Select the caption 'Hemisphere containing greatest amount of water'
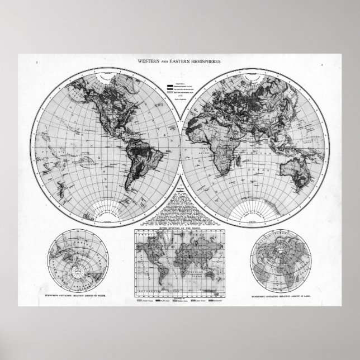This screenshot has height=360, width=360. pyautogui.click(x=72, y=293)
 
